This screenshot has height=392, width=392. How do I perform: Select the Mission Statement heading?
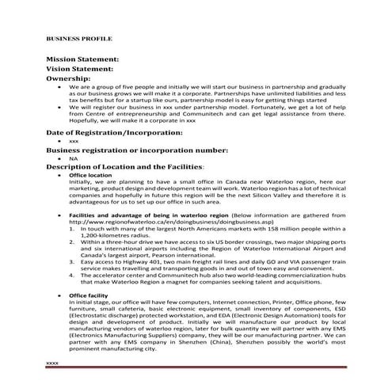[82, 59]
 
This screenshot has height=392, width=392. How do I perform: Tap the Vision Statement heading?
[78, 69]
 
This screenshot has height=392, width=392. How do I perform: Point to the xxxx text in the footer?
[53, 362]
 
